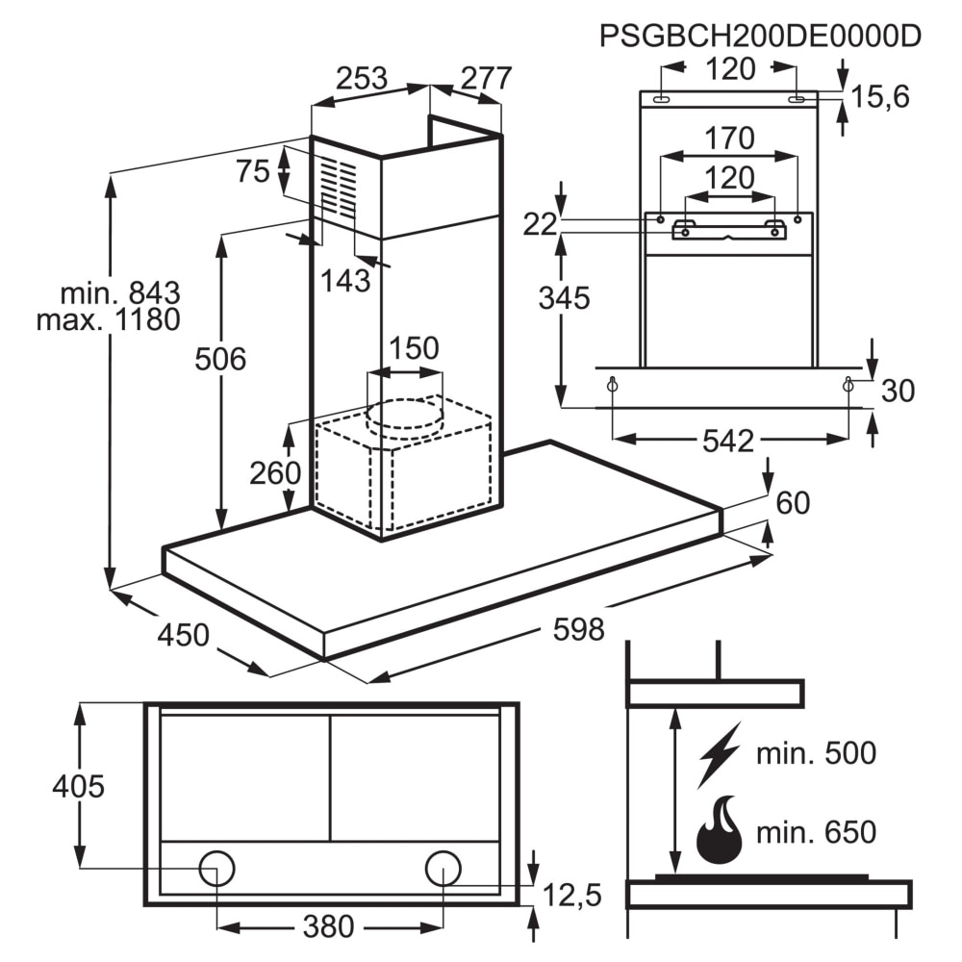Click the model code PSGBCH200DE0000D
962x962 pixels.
tap(760, 36)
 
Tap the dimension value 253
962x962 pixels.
tap(361, 79)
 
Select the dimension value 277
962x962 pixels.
tap(485, 79)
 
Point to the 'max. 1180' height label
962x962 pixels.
tap(108, 319)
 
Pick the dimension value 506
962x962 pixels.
tap(220, 360)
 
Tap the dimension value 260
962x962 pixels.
tap(276, 472)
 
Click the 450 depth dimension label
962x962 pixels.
tap(183, 635)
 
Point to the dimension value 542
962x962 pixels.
tap(728, 442)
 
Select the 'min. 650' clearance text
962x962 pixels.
tap(816, 831)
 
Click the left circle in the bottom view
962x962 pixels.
tap(216, 868)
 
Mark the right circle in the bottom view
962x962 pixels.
tap(443, 868)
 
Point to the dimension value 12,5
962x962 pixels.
tap(573, 897)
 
